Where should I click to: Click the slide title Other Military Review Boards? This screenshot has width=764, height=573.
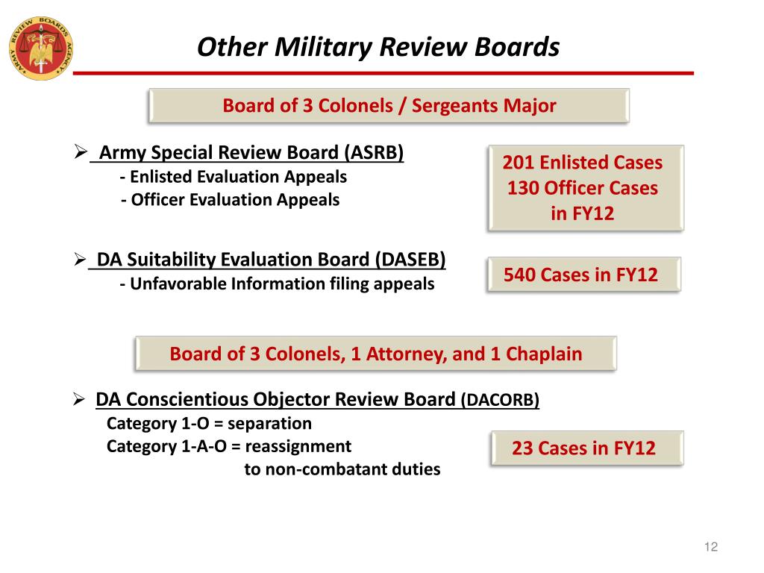[x=378, y=47]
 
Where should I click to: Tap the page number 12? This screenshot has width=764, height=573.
[x=710, y=548]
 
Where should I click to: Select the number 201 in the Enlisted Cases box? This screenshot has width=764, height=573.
[x=519, y=163]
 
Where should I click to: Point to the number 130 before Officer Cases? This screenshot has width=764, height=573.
[x=523, y=188]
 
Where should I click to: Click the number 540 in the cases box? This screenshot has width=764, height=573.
[x=520, y=275]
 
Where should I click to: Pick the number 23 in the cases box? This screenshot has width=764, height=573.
[x=522, y=448]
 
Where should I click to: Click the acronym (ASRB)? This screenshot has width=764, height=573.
[x=374, y=153]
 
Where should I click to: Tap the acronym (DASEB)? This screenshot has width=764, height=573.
[x=411, y=260]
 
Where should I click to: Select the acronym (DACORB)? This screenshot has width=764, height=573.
[x=500, y=400]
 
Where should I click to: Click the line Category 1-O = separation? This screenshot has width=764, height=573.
[x=209, y=424]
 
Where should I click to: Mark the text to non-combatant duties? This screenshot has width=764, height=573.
[x=342, y=469]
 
